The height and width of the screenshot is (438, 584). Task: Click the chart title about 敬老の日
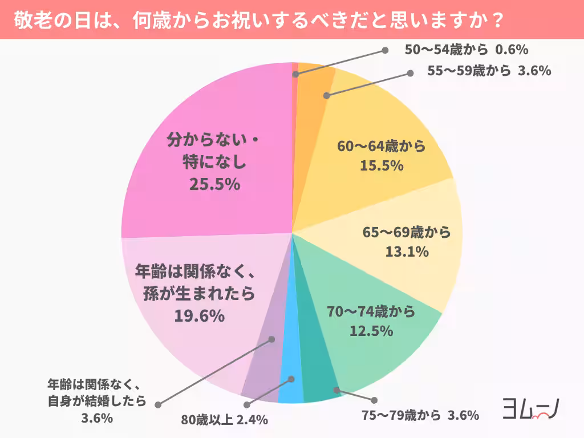click(258, 20)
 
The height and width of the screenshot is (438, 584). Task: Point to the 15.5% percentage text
click(382, 166)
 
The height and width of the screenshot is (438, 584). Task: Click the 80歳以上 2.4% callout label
click(224, 420)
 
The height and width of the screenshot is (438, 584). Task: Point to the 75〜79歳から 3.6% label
click(420, 415)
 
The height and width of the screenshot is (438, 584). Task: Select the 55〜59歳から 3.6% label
click(489, 71)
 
